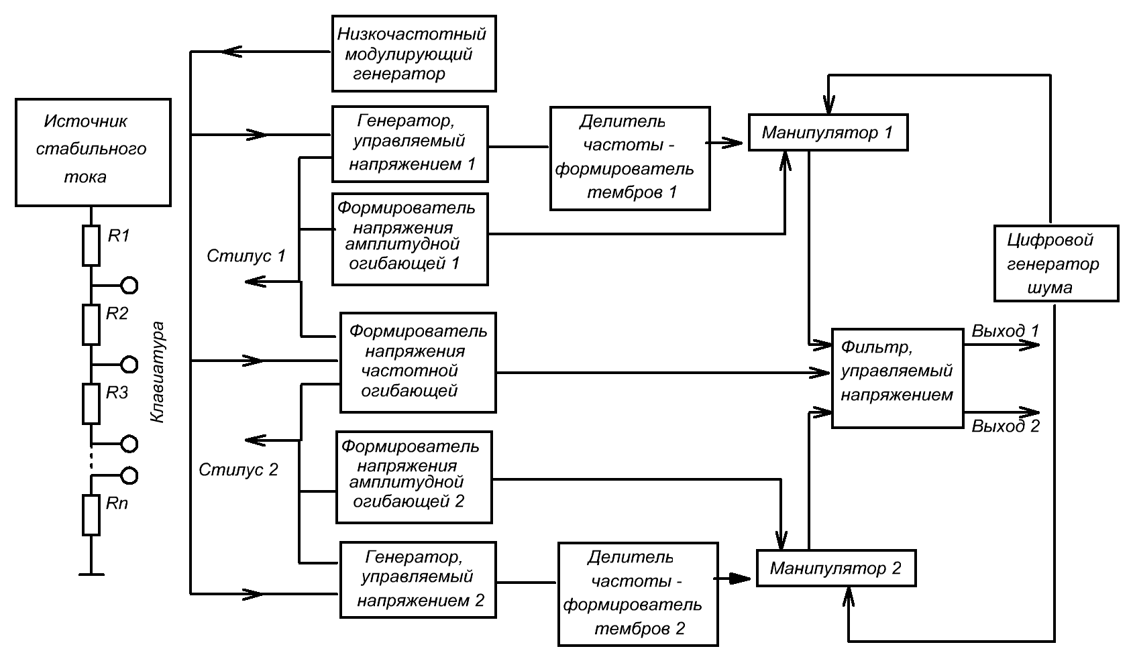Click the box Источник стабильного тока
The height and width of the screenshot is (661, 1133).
coord(93,152)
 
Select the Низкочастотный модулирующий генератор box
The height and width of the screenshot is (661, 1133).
coord(414,54)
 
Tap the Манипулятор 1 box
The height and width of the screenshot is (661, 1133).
coord(828,132)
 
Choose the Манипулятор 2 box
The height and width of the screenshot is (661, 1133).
coord(836,568)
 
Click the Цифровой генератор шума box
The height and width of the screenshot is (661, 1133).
coord(1055,263)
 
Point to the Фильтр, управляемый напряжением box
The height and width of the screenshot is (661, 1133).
coord(897,378)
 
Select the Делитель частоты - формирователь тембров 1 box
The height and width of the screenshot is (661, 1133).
coord(630,158)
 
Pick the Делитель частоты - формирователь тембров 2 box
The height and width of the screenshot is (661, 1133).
coord(637,594)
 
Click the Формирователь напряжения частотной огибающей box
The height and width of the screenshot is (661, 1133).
coord(418,362)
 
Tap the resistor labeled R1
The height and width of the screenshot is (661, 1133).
coord(91,246)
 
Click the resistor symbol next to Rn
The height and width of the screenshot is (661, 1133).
coord(91,515)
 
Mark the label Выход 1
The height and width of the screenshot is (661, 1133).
coord(1005,331)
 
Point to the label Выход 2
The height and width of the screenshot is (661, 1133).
coord(1005,426)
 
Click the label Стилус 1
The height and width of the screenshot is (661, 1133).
coord(246,255)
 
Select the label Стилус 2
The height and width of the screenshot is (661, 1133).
coord(238,469)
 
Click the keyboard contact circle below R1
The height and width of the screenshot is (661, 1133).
coord(129,286)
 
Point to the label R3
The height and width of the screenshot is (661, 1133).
coord(117,393)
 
